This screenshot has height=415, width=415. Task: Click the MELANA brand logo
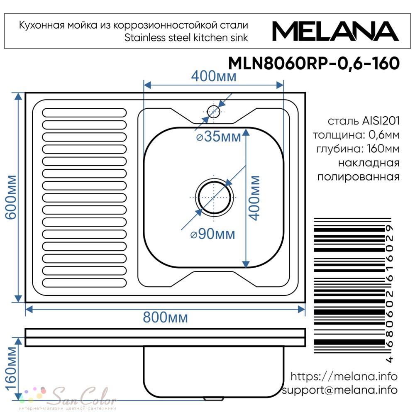[335, 31]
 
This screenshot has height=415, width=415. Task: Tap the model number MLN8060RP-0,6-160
[314, 63]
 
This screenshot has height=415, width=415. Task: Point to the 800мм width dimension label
[166, 317]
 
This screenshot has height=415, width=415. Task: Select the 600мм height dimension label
[11, 197]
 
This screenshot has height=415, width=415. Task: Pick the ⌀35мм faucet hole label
[219, 137]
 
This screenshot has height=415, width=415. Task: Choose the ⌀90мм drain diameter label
[213, 234]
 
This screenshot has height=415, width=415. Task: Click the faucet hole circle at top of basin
[214, 111]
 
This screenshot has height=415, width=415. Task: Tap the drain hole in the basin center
[215, 198]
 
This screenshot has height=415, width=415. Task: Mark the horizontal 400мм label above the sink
[214, 76]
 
